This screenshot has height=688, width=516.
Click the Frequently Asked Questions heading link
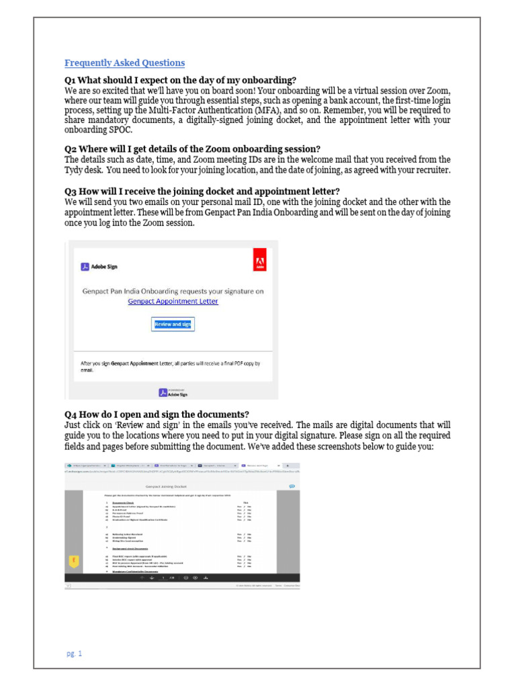click(124, 63)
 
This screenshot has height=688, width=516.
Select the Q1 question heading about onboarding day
click(180, 81)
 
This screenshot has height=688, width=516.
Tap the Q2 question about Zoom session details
click(192, 149)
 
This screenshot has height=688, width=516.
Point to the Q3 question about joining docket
click(202, 191)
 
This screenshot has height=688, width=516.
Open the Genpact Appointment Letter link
click(173, 302)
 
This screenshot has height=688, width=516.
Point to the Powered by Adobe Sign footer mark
click(173, 393)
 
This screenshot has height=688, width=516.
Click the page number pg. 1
click(74, 653)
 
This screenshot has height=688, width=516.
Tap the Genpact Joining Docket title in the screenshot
click(165, 486)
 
